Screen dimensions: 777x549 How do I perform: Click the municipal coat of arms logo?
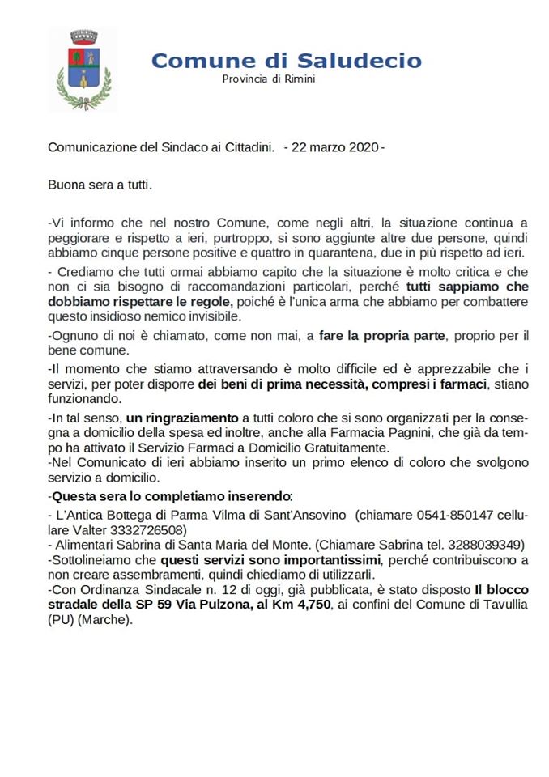pos(81,69)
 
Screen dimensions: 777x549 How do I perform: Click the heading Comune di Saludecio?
pos(286,60)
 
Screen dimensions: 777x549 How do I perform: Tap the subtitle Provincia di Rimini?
pos(269,79)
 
